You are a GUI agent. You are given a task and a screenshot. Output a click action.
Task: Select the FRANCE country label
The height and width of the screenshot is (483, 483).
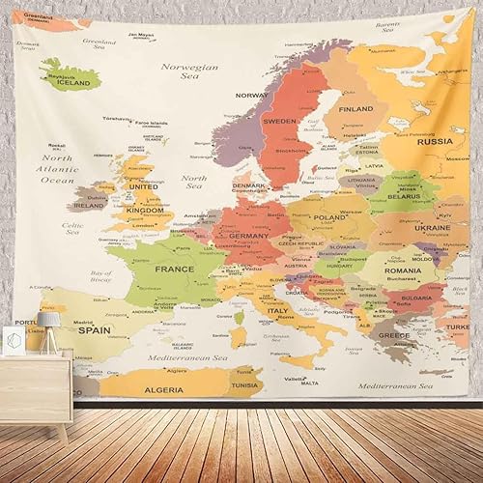tap(176, 269)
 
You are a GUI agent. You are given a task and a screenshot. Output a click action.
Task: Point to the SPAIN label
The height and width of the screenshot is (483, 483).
tap(94, 329)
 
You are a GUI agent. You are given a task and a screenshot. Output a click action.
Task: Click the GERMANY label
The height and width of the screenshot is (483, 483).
tap(249, 236)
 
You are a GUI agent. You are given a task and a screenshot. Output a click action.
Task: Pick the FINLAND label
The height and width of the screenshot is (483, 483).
tap(355, 109)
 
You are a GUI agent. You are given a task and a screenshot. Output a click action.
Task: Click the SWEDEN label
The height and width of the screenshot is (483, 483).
tap(281, 122)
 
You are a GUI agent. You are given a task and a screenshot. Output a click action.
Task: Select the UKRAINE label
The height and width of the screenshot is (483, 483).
tap(431, 228)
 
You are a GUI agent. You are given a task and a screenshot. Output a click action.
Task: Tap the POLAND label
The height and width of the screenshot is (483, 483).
tap(329, 218)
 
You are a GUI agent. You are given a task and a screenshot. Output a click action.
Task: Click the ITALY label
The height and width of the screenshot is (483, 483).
tap(278, 312)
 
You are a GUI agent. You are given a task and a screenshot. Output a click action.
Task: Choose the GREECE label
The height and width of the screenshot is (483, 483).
tap(392, 335)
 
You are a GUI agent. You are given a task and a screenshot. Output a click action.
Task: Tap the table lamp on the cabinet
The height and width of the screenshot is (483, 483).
tap(50, 325)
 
